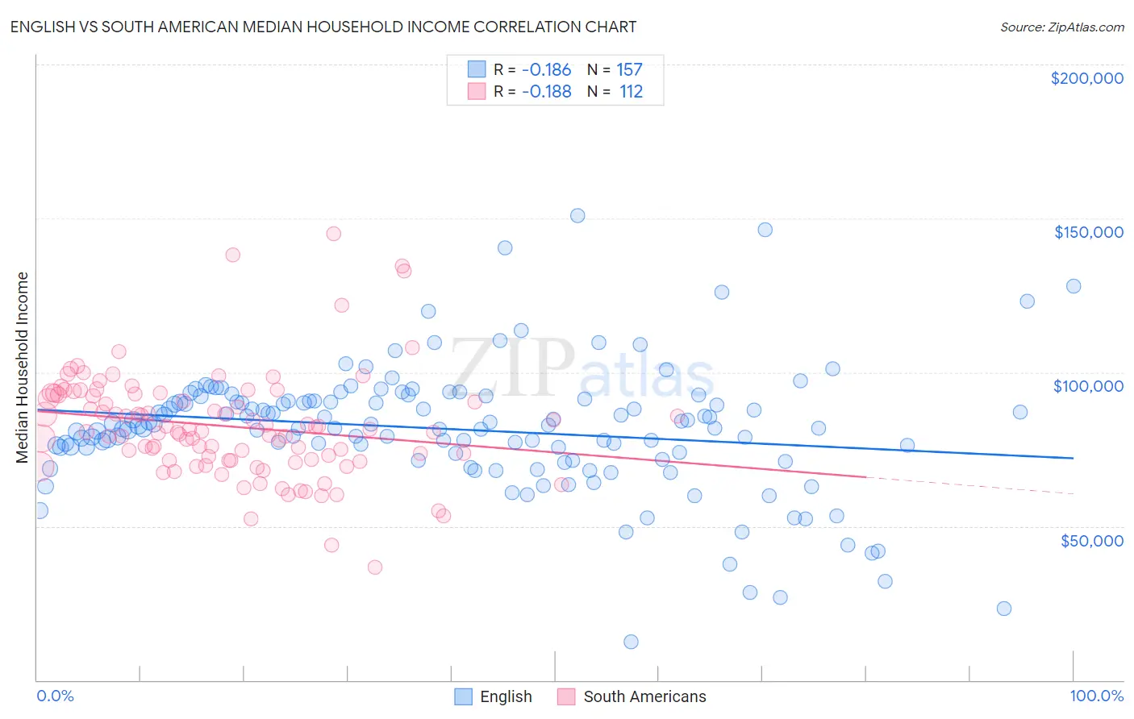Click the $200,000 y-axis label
click(1086, 78)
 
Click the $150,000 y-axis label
click(1088, 232)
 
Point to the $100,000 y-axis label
click(1088, 386)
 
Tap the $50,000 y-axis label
click(1091, 540)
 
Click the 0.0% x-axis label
click(55, 696)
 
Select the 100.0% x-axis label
click(1096, 696)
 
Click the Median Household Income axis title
click(22, 368)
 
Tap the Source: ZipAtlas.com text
click(1061, 27)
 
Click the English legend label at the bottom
click(506, 696)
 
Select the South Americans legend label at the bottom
click(644, 696)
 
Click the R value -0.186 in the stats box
click(546, 70)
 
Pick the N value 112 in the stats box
click(631, 92)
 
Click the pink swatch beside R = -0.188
click(477, 92)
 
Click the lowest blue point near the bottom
click(631, 642)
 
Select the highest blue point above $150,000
click(577, 215)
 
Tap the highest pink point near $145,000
click(333, 234)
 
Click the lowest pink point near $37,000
click(374, 567)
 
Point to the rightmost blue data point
click(1073, 286)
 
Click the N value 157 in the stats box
click(629, 70)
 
